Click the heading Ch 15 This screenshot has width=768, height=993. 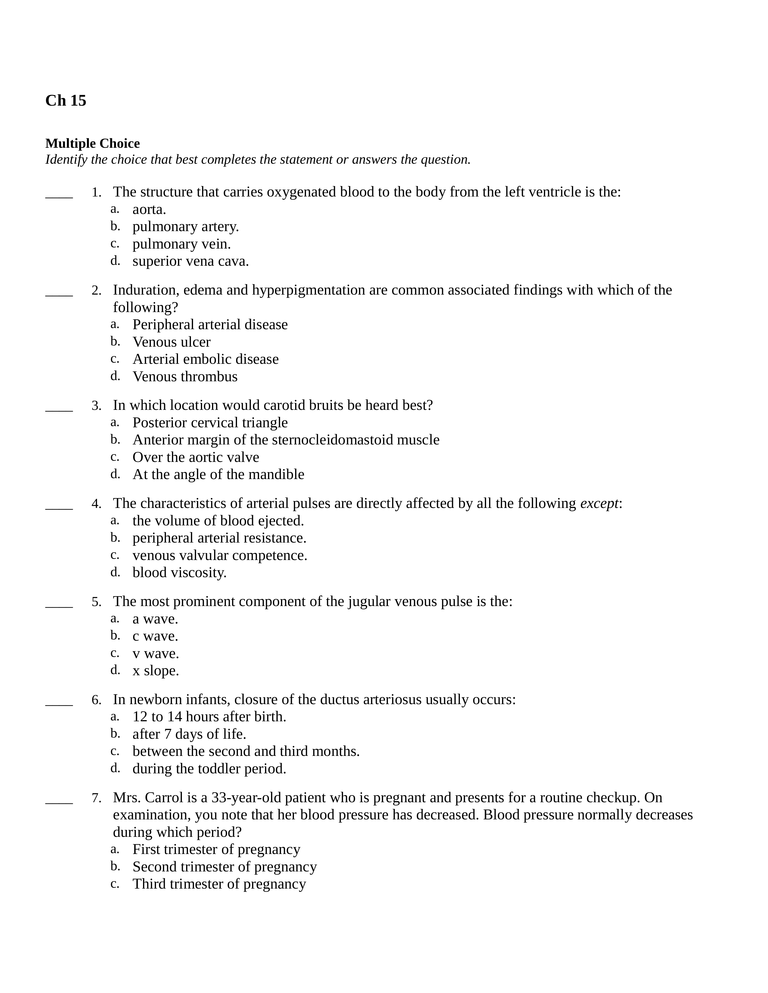coord(66,101)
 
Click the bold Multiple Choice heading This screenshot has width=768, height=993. coord(92,143)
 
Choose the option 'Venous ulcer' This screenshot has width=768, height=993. coord(172,342)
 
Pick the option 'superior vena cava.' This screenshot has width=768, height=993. coord(191,261)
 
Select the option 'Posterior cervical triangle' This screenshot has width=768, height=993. coord(210,422)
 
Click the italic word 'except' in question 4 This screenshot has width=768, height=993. coord(599,503)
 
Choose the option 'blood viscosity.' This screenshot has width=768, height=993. coord(179,572)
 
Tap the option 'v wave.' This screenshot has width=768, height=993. coord(156,653)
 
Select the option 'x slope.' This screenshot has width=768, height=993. coord(156,671)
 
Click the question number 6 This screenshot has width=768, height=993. coord(96,700)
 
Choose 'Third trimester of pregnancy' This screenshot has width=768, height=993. coord(219,884)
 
